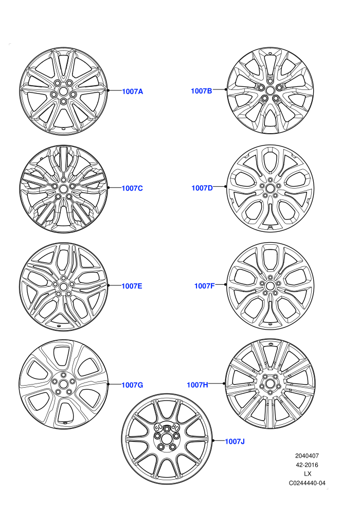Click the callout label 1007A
tap(132, 92)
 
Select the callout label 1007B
tap(201, 91)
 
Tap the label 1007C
tap(132, 188)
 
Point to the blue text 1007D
tap(202, 188)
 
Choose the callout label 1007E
tap(132, 286)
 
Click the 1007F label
tap(205, 286)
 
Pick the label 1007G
tap(132, 385)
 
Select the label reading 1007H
tap(197, 385)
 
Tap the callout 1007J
tap(235, 441)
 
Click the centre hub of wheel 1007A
tap(63, 92)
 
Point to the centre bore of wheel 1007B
tap(270, 90)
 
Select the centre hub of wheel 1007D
tap(270, 188)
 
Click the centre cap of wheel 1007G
tap(63, 385)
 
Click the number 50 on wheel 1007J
tap(159, 427)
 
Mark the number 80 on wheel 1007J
tap(175, 427)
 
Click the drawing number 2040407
tap(307, 456)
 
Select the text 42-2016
tap(307, 465)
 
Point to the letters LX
tap(308, 474)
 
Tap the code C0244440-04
tap(307, 483)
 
